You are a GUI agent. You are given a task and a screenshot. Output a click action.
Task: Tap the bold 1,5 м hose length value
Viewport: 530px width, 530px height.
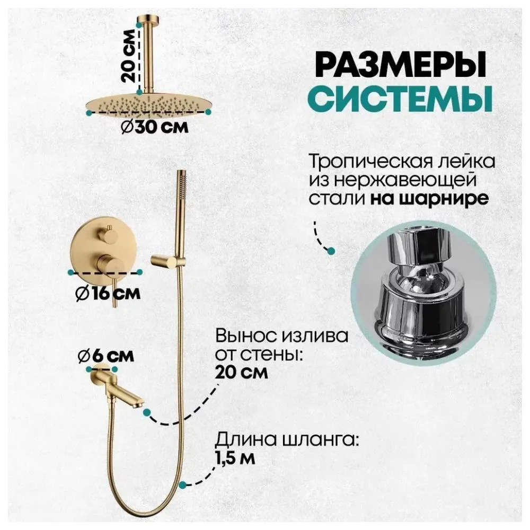tap(235, 457)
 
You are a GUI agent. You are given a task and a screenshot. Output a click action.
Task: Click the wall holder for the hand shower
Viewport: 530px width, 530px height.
tap(165, 260)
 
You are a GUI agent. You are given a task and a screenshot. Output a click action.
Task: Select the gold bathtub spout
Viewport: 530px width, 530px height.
tap(119, 386)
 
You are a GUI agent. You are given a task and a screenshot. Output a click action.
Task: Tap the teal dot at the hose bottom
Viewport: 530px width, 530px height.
tap(182, 484)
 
